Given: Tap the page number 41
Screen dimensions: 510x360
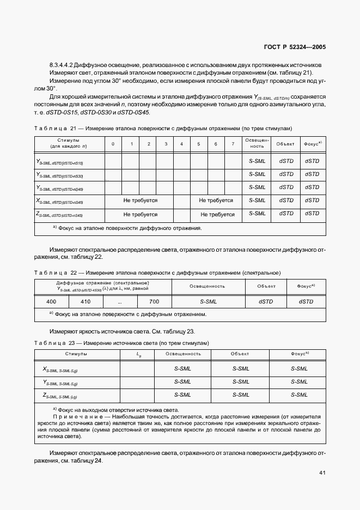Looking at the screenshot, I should [x=322, y=473].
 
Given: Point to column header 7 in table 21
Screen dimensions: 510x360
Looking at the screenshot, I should [x=233, y=143].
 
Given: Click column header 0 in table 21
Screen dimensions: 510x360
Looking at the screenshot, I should [x=113, y=143].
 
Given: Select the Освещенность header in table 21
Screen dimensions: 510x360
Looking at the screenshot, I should [x=257, y=143].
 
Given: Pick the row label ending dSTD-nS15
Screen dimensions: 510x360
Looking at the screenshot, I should [x=59, y=162].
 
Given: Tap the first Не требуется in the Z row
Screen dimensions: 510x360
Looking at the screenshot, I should [x=140, y=215].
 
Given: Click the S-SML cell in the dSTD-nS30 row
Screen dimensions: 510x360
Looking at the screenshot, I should [x=257, y=175].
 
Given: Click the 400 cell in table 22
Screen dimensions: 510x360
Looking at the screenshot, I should [x=51, y=301].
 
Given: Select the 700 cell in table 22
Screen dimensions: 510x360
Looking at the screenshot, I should [x=154, y=301].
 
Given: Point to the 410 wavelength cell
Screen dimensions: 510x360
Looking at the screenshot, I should [x=86, y=301].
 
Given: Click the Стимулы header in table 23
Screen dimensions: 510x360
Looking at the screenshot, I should [x=76, y=354].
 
